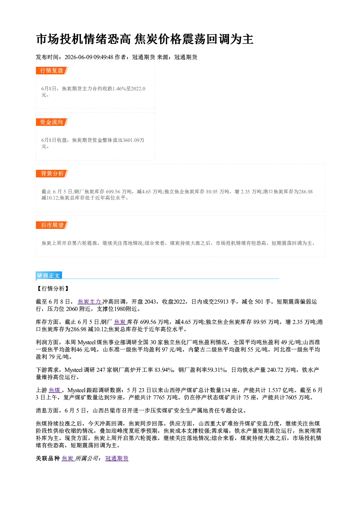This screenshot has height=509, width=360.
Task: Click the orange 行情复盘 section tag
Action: click(52, 70)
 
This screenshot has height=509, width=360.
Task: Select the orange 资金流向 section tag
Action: click(52, 122)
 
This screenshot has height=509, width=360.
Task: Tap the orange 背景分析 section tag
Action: click(52, 174)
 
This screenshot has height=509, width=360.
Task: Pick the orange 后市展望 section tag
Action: click(52, 225)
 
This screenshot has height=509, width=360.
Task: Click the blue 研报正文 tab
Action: click(49, 275)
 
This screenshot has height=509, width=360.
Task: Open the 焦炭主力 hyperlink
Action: click(89, 301)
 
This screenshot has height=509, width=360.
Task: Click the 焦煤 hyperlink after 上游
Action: click(54, 390)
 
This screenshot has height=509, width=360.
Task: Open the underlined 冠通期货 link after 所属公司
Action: click(117, 458)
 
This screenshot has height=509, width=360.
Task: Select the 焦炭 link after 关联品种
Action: click(67, 458)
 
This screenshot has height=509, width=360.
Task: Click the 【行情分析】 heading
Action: click(53, 288)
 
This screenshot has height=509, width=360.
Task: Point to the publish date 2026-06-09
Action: click(78, 57)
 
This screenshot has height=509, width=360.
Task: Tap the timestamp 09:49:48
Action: click(103, 57)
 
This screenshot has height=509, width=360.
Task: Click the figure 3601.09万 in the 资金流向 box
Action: click(134, 140)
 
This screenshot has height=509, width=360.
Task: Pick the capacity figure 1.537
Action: click(274, 390)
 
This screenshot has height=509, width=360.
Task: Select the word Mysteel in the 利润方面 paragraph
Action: click(87, 342)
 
